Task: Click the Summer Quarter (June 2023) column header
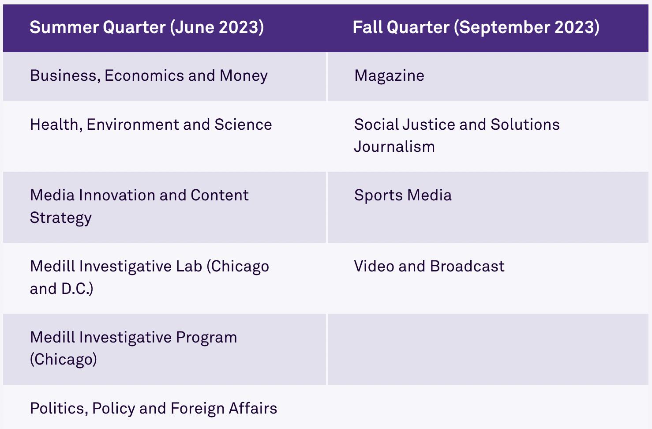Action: pos(147,27)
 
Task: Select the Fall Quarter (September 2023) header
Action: pos(476,27)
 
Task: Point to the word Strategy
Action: pos(61,218)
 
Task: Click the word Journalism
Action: pos(394,147)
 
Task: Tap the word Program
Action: pos(206,338)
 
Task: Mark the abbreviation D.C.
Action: pos(75,289)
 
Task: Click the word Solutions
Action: pos(525,124)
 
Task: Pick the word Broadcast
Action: pos(467,266)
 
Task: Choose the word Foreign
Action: pos(197,409)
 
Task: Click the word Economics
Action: pos(144,76)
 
